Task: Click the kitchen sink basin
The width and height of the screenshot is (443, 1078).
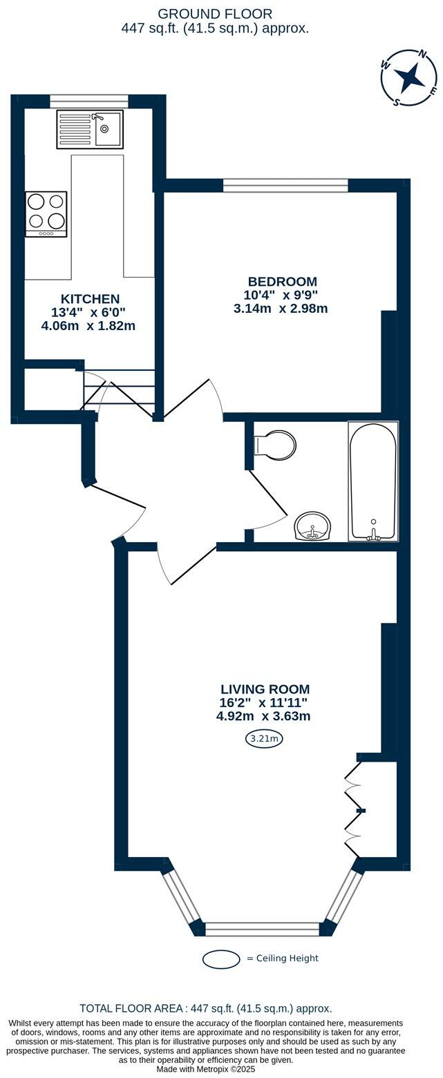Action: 108,129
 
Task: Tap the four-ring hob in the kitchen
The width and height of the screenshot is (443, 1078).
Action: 46,213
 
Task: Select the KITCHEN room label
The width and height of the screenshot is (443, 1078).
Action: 90,299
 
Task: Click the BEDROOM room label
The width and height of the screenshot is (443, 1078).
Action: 283,282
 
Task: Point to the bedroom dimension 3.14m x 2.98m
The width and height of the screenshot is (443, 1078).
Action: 281,308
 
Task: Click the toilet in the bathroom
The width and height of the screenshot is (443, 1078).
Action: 276,445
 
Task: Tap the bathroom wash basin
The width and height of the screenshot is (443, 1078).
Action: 314,527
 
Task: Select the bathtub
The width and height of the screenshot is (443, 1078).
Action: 373,481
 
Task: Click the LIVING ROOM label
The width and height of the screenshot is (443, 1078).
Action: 265,689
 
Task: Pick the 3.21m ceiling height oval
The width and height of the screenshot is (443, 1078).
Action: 264,739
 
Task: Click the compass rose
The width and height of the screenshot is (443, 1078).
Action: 409,77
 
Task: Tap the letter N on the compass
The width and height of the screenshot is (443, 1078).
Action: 423,54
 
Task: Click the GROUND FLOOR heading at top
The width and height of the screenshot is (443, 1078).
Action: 215,14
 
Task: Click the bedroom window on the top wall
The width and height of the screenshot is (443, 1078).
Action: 285,185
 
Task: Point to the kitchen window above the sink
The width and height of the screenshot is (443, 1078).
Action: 89,101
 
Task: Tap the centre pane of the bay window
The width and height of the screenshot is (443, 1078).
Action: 263,929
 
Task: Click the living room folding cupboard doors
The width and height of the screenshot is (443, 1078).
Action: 353,810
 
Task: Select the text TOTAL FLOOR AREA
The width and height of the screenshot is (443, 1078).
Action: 130,1008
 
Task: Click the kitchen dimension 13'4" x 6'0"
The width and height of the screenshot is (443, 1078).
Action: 88,312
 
